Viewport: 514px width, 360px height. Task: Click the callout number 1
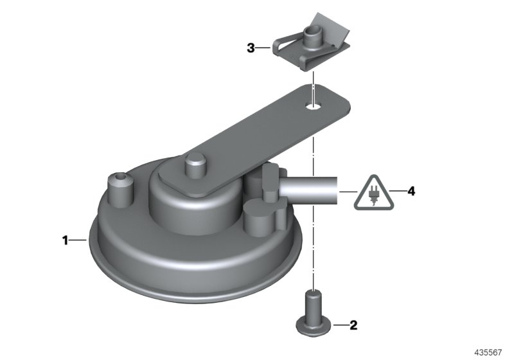66,240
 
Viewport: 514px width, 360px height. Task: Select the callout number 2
353,325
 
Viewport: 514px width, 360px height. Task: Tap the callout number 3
251,48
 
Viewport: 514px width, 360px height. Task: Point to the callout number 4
411,191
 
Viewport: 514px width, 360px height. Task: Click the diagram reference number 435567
488,352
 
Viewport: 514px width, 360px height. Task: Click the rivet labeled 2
314,314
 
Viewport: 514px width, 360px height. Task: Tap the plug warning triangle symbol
373,193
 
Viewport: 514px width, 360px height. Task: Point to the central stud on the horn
196,166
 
